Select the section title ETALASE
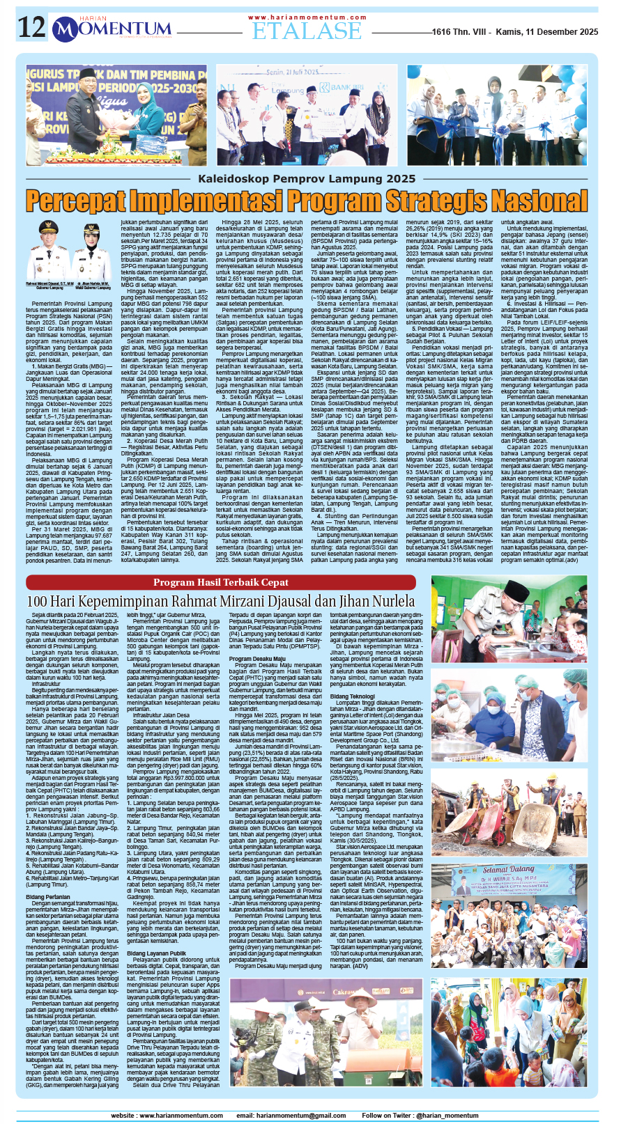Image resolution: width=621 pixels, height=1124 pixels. click(307, 31)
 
